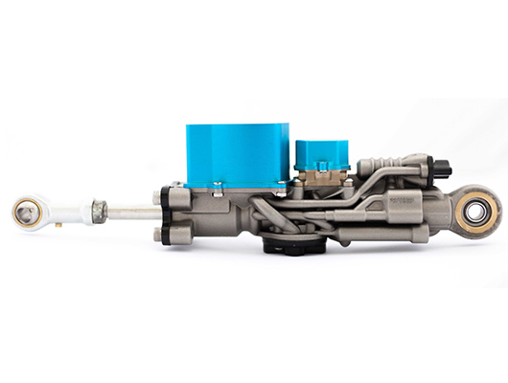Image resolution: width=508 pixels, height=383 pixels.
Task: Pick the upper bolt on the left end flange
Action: (x=159, y=194)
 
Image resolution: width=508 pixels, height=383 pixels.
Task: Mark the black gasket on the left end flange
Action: (x=169, y=214)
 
